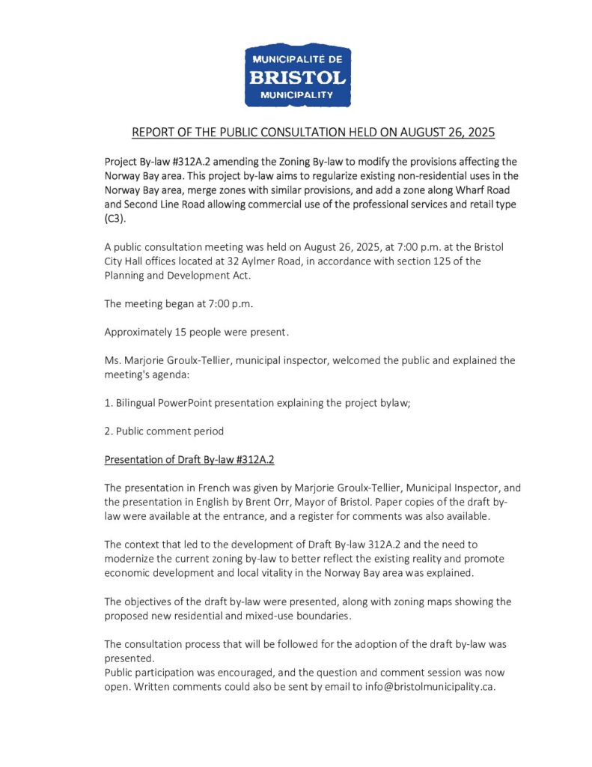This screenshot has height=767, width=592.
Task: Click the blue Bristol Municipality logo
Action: click(298, 75)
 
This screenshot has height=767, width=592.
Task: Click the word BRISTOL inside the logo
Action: click(298, 77)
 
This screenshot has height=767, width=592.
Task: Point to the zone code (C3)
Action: click(114, 218)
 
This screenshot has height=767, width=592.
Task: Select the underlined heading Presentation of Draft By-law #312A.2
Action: click(194, 459)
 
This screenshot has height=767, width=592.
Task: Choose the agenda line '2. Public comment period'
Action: click(164, 431)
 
